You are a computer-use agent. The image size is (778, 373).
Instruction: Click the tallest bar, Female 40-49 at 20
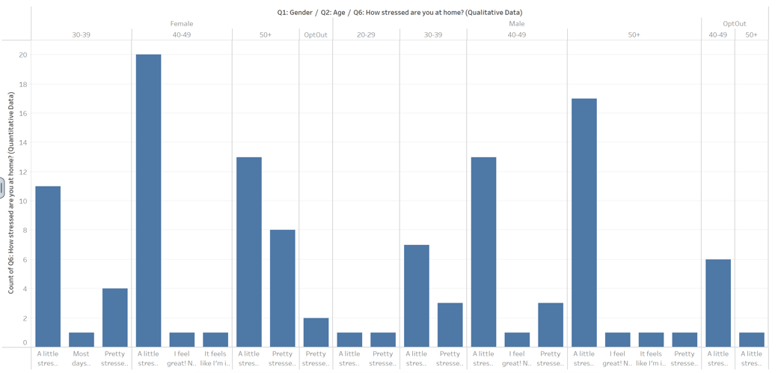(x=148, y=201)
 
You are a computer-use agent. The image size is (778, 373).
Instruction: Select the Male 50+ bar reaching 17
(x=583, y=222)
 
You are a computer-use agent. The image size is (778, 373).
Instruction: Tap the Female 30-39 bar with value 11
(x=48, y=267)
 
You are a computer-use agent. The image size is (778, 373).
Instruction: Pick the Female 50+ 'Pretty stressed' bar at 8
(x=282, y=288)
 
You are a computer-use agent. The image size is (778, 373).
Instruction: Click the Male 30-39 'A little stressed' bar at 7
(x=416, y=296)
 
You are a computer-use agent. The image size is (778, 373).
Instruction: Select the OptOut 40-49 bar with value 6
(x=717, y=303)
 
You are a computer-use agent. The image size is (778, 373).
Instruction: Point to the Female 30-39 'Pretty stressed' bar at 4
(x=114, y=318)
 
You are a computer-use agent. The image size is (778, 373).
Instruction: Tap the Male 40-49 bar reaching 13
(x=483, y=252)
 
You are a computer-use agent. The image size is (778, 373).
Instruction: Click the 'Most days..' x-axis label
(x=81, y=358)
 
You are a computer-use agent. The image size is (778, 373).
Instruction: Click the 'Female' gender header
(x=181, y=24)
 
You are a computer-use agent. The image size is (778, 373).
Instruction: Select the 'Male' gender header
(x=516, y=24)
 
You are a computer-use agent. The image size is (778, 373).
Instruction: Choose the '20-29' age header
(x=366, y=34)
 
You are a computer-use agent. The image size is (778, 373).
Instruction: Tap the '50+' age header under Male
(x=634, y=34)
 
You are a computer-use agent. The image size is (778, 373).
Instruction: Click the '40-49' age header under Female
(x=181, y=34)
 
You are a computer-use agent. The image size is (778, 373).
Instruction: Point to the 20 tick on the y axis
(x=23, y=55)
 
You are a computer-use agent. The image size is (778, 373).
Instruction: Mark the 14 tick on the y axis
(x=23, y=142)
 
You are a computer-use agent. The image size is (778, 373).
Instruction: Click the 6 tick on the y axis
(x=25, y=260)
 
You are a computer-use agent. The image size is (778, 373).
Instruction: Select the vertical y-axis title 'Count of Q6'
(x=11, y=192)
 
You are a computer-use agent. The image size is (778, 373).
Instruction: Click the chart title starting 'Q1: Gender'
(x=399, y=12)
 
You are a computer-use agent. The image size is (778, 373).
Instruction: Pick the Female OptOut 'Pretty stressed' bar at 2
(x=316, y=333)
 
